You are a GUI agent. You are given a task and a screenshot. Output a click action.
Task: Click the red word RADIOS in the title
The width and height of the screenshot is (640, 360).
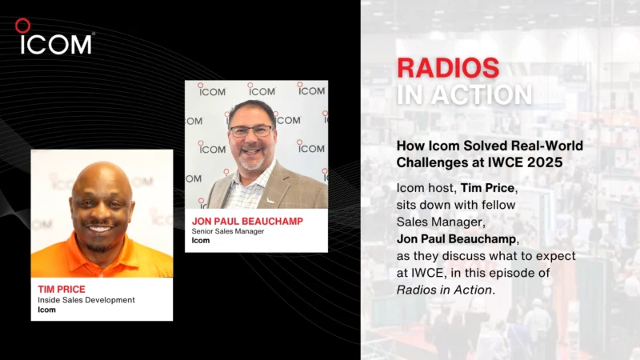click(x=448, y=68)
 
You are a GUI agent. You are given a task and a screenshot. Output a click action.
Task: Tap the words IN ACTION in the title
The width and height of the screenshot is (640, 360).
click(x=464, y=94)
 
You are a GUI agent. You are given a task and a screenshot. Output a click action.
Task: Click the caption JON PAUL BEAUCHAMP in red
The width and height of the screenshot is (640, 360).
click(x=246, y=221)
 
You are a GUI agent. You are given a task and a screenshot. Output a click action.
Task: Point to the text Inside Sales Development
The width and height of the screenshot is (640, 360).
click(x=86, y=300)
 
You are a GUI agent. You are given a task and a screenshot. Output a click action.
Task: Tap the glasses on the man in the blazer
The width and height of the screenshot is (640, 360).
click(x=250, y=130)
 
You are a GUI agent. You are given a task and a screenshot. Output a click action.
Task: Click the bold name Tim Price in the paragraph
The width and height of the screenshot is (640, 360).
click(x=489, y=186)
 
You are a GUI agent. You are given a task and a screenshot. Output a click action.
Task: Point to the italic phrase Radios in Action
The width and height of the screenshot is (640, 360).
click(x=444, y=290)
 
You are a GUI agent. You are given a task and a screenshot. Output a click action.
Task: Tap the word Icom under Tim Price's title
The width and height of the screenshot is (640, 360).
click(x=46, y=310)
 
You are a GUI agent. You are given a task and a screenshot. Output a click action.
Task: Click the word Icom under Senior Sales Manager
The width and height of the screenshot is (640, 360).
click(x=201, y=241)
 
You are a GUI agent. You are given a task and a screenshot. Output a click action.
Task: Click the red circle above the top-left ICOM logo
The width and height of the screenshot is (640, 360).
click(x=22, y=26)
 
